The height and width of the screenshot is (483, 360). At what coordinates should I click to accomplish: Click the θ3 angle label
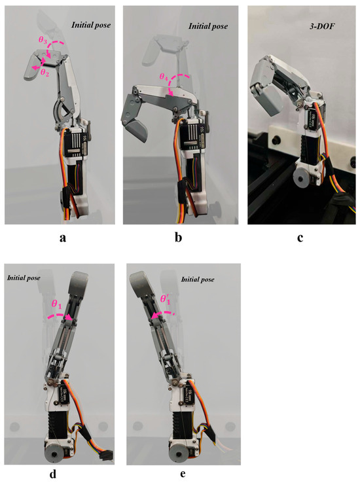tap(42, 40)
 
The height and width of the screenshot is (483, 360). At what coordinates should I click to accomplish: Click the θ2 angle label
tap(45, 73)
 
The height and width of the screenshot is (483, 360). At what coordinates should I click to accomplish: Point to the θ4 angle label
tap(164, 77)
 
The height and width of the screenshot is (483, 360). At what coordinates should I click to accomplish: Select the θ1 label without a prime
tap(56, 304)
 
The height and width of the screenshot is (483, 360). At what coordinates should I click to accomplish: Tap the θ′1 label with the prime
tap(165, 299)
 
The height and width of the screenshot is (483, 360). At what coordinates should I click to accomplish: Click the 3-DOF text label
tap(322, 26)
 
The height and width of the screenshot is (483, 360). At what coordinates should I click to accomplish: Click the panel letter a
tap(63, 238)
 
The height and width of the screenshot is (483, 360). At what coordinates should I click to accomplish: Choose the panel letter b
tap(178, 237)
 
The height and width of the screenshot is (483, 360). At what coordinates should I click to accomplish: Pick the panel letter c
tap(300, 238)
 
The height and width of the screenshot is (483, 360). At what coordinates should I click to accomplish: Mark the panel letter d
tap(53, 474)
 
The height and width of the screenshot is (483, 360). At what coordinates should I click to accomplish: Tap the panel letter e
tap(183, 474)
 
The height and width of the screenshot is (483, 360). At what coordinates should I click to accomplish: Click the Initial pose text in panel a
tap(91, 25)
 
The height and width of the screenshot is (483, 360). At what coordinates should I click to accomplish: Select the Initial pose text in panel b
tap(208, 26)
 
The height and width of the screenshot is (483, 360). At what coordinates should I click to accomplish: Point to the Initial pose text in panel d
tap(24, 278)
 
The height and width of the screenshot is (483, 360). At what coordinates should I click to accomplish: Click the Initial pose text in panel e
tap(198, 279)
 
